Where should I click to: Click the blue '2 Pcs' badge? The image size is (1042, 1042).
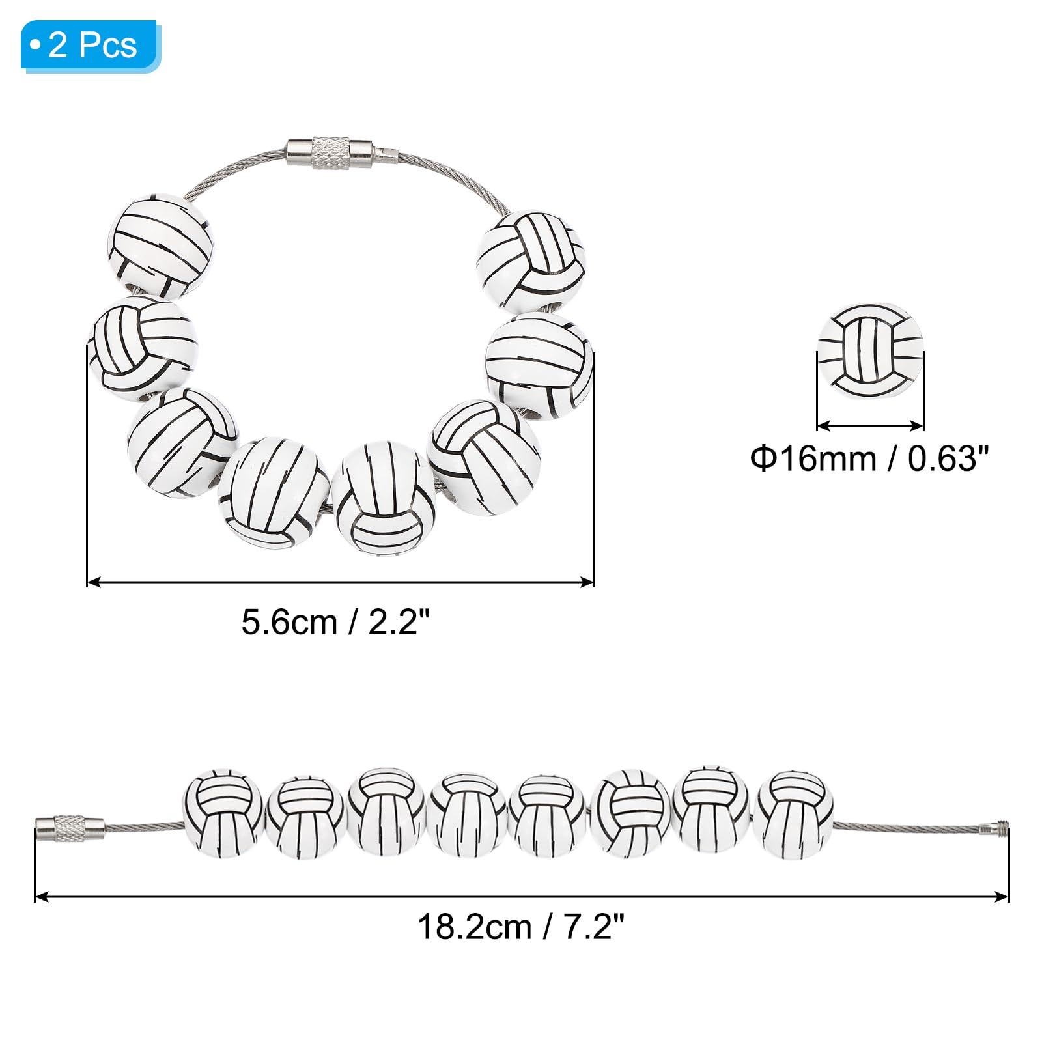point(90,45)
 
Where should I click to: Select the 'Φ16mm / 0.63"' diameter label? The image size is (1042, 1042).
point(869,458)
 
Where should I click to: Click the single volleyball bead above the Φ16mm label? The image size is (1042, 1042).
point(870,351)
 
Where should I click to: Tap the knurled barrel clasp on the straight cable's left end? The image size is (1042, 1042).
point(70,828)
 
